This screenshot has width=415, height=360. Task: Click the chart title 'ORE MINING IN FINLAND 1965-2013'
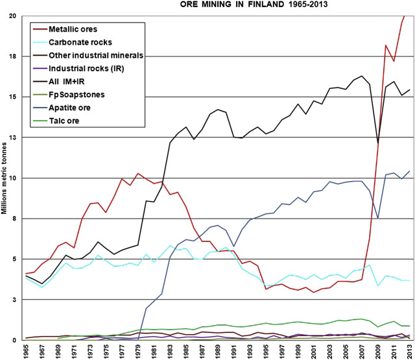tap(254, 5)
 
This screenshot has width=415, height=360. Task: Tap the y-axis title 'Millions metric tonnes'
tap(5, 178)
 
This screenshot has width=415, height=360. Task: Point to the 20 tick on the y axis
tap(12, 16)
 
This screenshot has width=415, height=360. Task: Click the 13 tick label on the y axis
tap(12, 138)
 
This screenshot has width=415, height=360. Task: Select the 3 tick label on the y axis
tap(14, 300)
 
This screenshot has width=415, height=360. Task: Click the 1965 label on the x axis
tap(27, 352)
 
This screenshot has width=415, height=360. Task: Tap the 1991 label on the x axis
tap(233, 352)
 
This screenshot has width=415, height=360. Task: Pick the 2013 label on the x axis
tap(409, 352)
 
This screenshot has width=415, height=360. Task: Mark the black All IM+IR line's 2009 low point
tap(378, 143)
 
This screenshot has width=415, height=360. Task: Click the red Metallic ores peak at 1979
tap(138, 173)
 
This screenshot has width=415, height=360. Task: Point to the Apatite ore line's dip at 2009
tap(378, 219)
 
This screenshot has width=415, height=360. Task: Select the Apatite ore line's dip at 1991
tap(233, 246)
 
